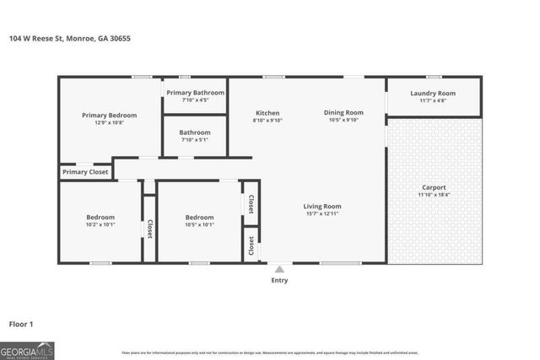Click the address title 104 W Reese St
point(69,38)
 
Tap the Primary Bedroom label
point(109,116)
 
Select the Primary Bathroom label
point(195,93)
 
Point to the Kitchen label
point(267,113)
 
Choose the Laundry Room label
point(433,93)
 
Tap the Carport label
point(434,187)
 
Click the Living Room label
point(322,207)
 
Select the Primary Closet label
point(85,172)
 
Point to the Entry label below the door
point(278,280)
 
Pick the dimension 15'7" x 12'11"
point(322,214)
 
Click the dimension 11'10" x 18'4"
point(434,195)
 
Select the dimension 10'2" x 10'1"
point(100,224)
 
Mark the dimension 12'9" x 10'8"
point(109,123)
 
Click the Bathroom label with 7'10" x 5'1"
point(195,132)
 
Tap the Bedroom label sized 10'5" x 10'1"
point(199,217)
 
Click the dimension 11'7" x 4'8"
point(433,101)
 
